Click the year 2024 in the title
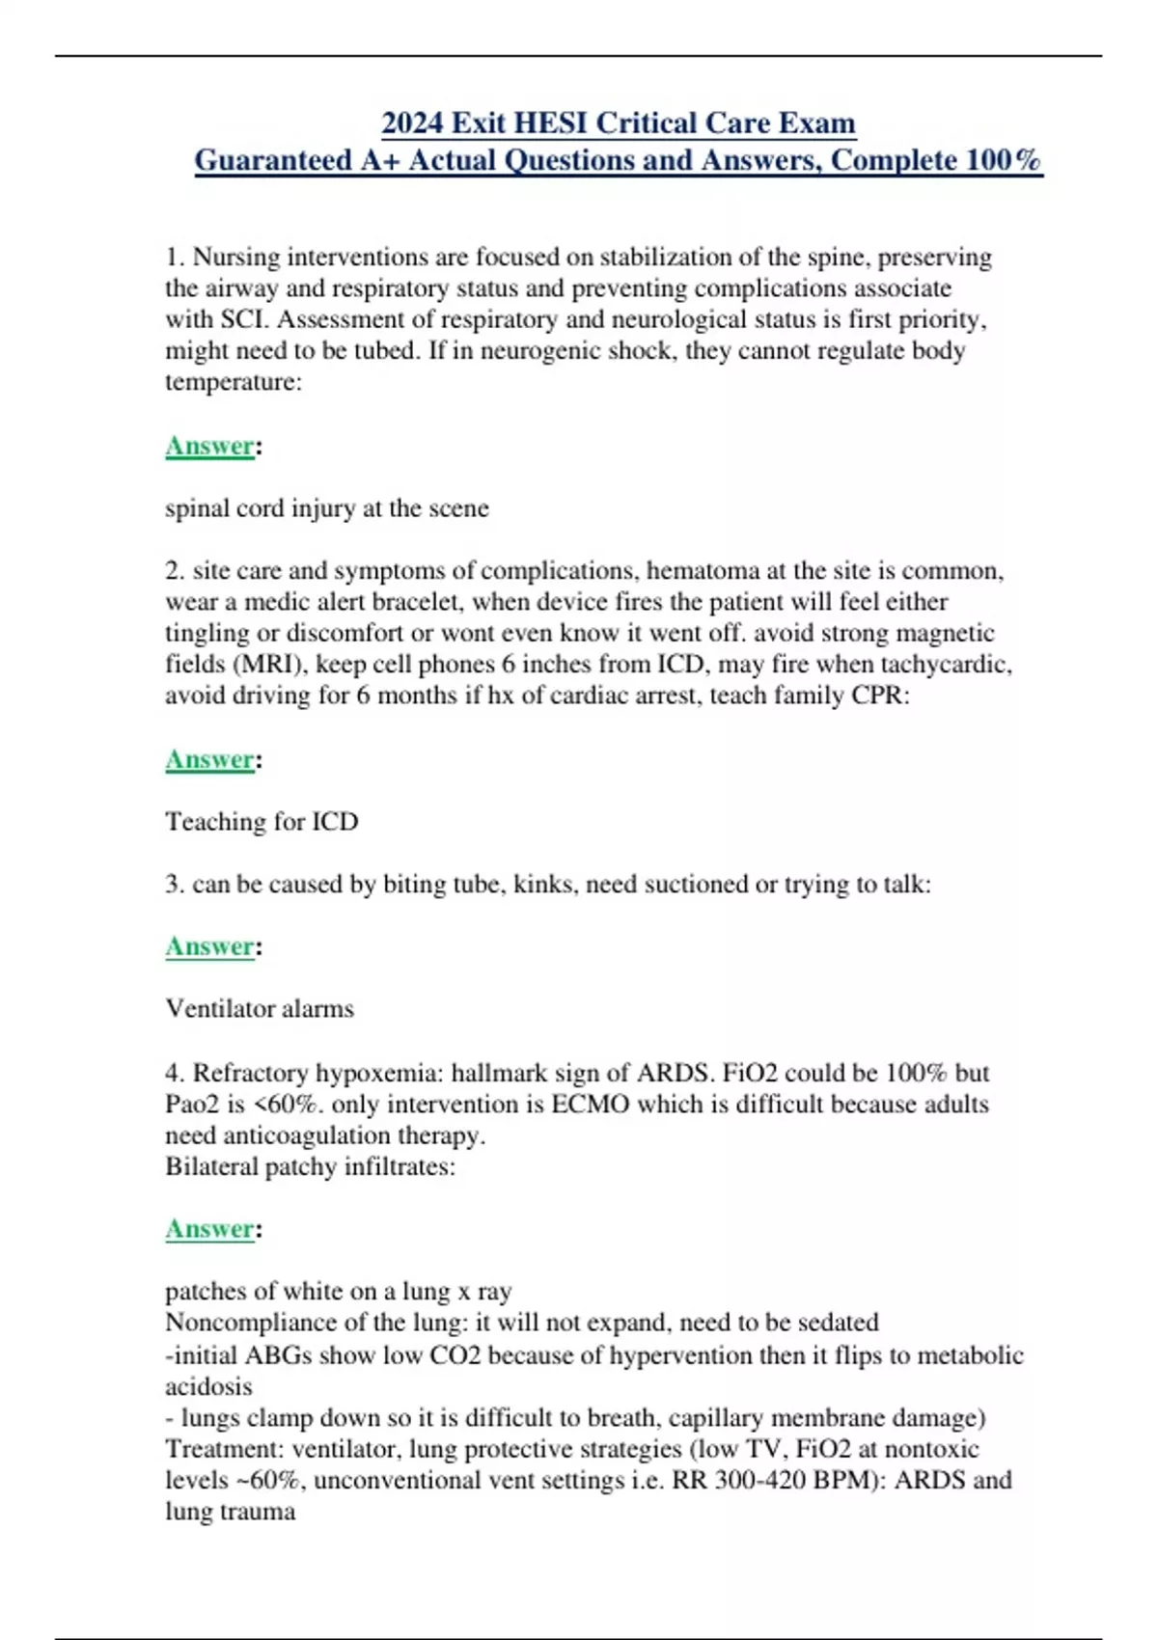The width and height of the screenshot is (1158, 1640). click(x=412, y=123)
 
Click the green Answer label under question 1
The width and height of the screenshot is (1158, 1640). click(x=209, y=446)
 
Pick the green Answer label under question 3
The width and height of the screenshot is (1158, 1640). click(x=209, y=946)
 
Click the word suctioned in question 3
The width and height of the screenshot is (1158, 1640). click(x=695, y=884)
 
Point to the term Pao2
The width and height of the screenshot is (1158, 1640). click(x=192, y=1104)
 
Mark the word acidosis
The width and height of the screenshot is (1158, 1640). click(x=208, y=1386)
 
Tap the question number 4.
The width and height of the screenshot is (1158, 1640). click(x=174, y=1073)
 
